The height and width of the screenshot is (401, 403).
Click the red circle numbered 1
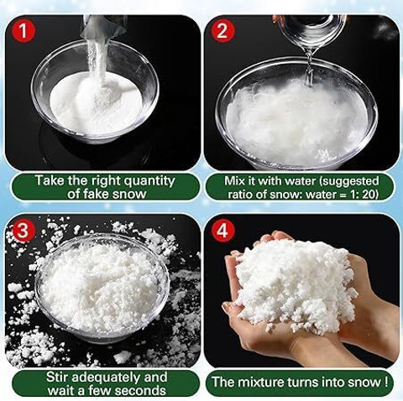pos(24,30)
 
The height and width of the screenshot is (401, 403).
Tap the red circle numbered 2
pos(222,30)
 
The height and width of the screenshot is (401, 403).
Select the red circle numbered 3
pos(24,231)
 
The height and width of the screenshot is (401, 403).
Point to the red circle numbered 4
pos(222,231)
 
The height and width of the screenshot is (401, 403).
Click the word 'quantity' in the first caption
pos(149,181)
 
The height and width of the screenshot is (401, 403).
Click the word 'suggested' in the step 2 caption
pos(349,181)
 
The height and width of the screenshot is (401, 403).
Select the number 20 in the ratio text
pos(369,194)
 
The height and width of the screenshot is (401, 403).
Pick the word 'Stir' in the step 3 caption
pos(56,377)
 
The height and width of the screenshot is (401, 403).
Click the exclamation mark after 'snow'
pos(386,383)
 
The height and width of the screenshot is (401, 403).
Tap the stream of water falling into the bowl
pos(309,67)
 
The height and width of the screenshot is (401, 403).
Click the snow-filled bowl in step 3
pos(102,288)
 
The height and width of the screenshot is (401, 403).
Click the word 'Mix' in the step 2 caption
pos(235,181)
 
